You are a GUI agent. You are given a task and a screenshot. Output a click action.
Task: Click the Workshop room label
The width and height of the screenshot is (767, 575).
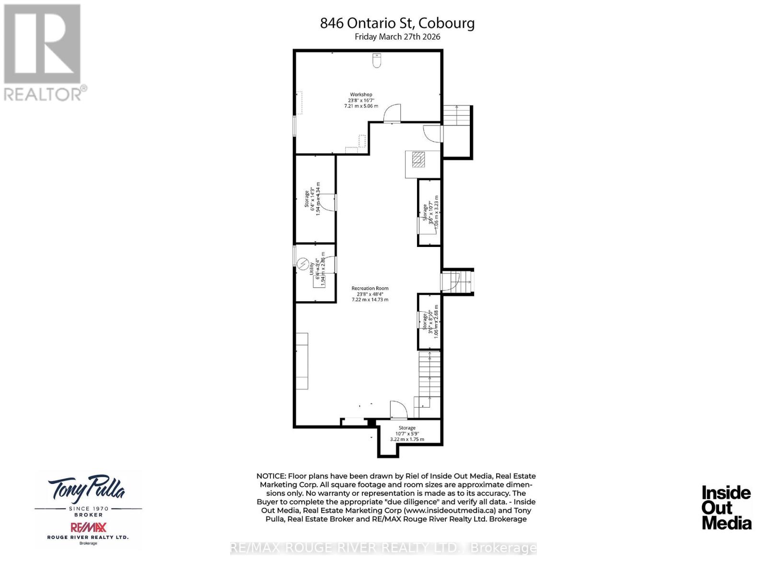click(x=360, y=100)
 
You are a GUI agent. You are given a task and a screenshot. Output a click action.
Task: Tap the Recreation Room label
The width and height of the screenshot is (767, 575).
click(x=370, y=293)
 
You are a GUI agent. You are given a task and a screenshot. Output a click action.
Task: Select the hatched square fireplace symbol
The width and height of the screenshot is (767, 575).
click(x=418, y=159)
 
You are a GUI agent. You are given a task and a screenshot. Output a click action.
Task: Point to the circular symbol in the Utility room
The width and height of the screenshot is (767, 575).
click(x=303, y=263)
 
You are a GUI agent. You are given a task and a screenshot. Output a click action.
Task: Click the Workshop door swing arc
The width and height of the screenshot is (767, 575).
click(x=394, y=113)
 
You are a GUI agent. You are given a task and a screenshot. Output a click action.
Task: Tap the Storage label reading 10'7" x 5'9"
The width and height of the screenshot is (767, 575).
click(x=407, y=433)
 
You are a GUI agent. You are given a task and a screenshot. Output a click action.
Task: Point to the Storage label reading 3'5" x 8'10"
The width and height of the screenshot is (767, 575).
click(x=430, y=321)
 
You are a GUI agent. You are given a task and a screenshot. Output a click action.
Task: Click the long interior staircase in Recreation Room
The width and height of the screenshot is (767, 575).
click(x=430, y=379)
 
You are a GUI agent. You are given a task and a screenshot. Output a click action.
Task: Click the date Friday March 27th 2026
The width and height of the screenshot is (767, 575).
click(x=397, y=36)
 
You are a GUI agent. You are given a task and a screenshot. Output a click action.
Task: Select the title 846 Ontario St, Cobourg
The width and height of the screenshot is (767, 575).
click(x=397, y=23)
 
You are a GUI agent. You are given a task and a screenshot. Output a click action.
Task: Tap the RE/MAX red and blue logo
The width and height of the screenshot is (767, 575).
click(x=88, y=528)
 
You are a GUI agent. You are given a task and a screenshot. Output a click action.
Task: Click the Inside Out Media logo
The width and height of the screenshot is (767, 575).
click(x=726, y=507)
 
